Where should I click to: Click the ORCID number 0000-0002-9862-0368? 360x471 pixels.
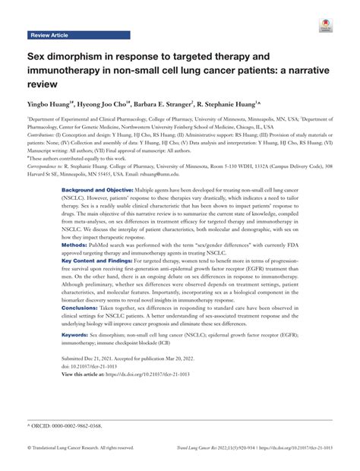[75, 428]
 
